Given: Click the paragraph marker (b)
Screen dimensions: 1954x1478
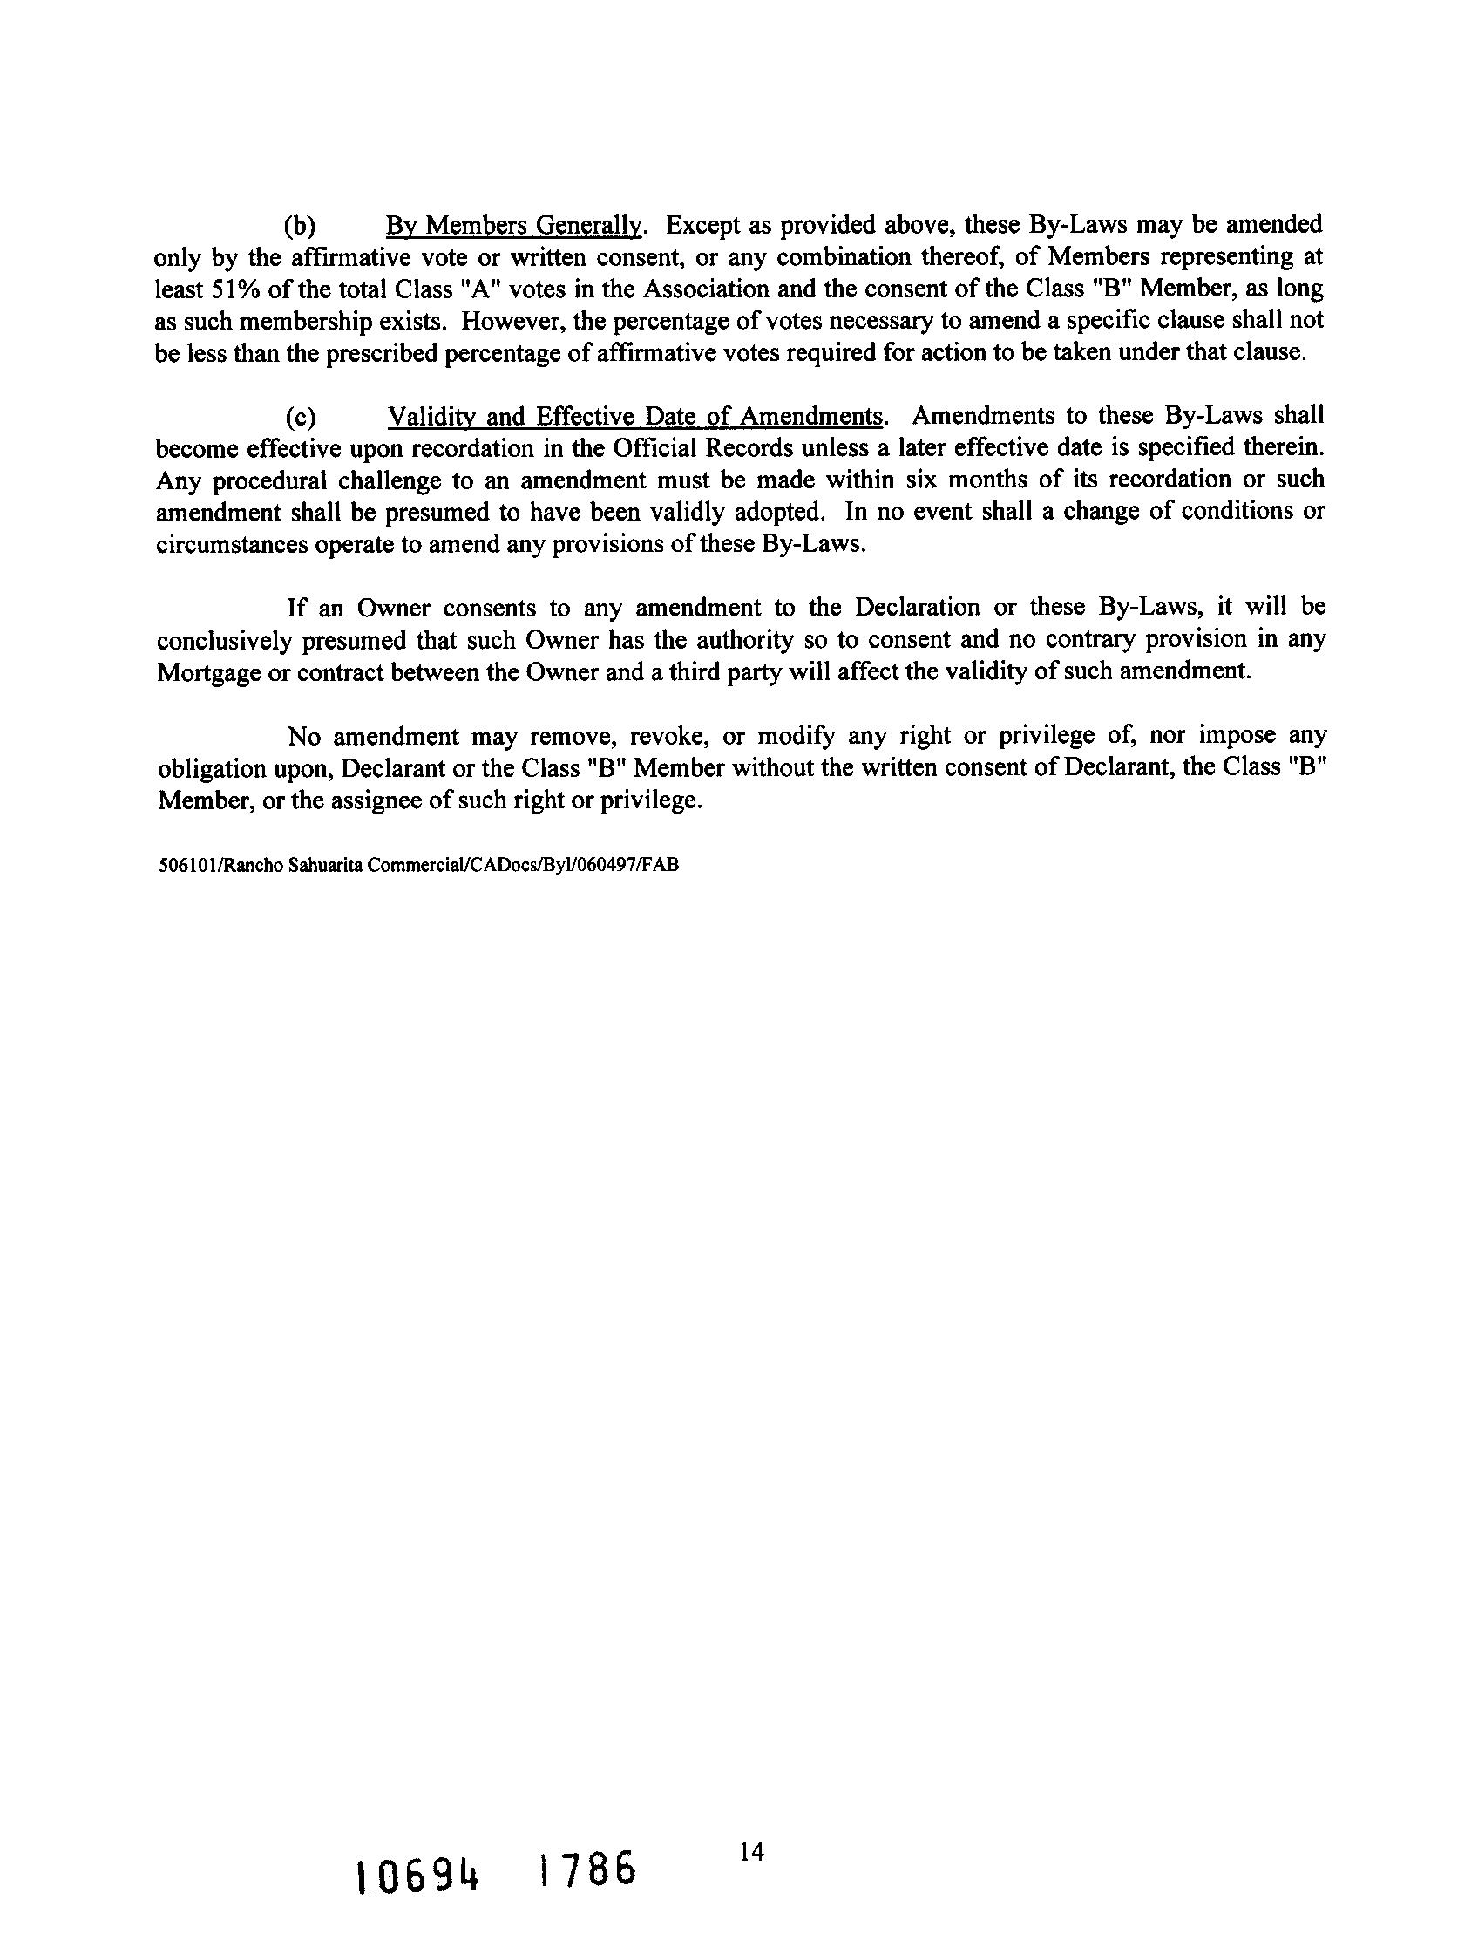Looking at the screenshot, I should (301, 226).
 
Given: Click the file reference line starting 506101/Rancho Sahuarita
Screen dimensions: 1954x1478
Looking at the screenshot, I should (417, 866).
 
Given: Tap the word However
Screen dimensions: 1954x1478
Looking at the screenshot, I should (513, 322).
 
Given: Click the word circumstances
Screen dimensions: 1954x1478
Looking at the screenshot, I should (228, 544).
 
